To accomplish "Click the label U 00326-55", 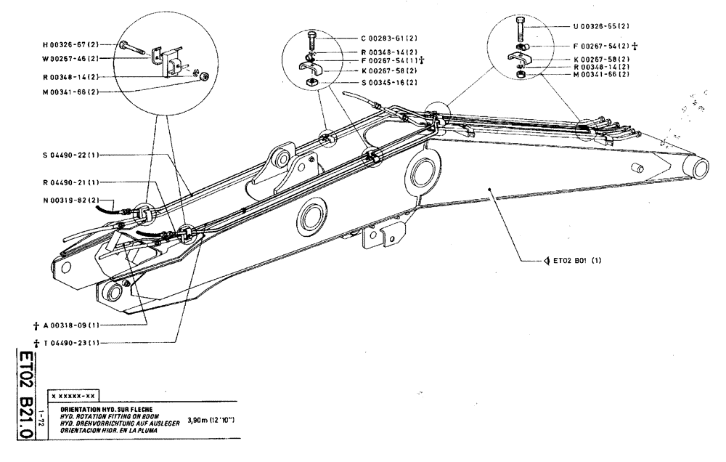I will (x=602, y=25).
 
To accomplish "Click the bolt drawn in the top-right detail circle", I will (x=520, y=28).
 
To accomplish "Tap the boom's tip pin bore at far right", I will (x=701, y=168).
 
